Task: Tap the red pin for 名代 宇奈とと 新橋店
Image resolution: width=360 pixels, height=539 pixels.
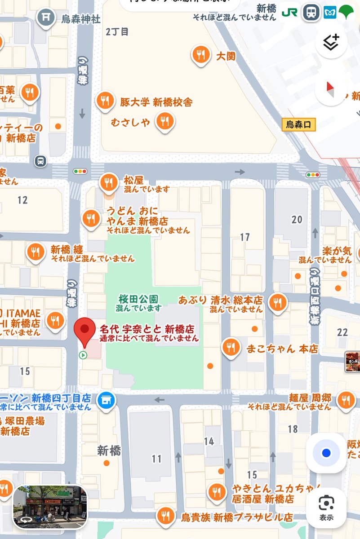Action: [84, 330]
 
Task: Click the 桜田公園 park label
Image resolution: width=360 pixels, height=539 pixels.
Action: [138, 299]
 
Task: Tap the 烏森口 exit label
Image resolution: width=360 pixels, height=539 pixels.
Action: [299, 124]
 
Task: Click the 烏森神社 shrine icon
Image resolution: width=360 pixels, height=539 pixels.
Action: [45, 17]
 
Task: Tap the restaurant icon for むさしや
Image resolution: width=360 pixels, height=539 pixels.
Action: [165, 121]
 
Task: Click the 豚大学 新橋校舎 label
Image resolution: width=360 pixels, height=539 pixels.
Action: [156, 102]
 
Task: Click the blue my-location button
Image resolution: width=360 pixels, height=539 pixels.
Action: [326, 453]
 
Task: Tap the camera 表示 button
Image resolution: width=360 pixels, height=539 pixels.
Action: [326, 507]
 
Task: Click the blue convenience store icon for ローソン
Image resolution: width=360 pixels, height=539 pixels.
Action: [106, 399]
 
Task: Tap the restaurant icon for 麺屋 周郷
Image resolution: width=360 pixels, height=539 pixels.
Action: [346, 399]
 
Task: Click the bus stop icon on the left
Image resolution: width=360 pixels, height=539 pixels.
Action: [41, 161]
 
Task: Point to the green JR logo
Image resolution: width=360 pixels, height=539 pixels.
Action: [289, 13]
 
